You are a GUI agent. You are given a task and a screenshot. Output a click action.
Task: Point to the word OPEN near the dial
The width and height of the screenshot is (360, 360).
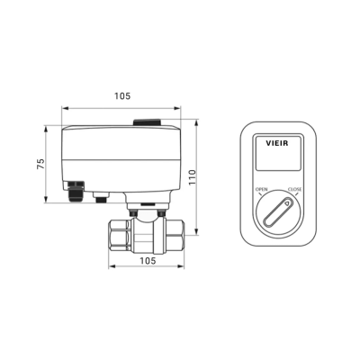(262, 189)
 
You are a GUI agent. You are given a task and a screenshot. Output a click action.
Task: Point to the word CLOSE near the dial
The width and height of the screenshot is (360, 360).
(294, 189)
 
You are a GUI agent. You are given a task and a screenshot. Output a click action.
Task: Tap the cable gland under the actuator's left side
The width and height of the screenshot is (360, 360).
(74, 191)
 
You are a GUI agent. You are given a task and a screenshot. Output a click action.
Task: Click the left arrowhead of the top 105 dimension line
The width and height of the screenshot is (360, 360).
(62, 107)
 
